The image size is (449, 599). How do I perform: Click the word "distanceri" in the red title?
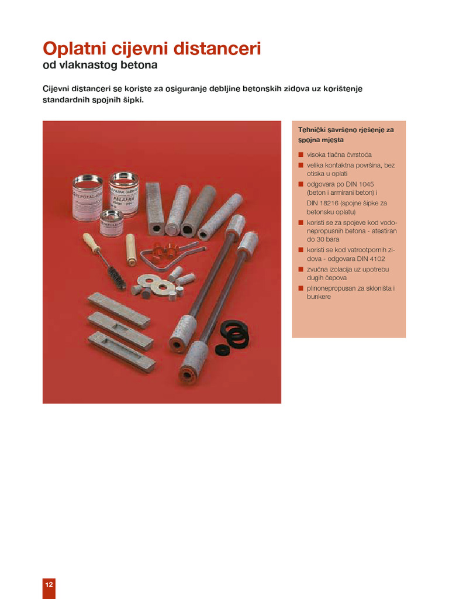(x=217, y=49)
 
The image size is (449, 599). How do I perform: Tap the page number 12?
(x=49, y=584)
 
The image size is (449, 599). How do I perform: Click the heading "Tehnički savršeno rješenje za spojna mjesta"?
(x=346, y=135)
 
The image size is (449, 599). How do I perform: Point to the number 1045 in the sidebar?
(x=366, y=184)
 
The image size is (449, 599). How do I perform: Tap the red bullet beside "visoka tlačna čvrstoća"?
(x=301, y=154)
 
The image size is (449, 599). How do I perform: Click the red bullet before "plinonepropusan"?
(x=301, y=288)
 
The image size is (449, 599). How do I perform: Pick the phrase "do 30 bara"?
(x=323, y=239)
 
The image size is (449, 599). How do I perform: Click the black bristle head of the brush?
(x=117, y=278)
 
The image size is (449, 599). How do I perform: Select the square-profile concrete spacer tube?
(x=155, y=209)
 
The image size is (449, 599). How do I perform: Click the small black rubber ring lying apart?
(x=220, y=349)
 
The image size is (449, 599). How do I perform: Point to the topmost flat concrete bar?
(x=119, y=310)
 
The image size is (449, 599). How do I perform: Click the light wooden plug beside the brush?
(x=131, y=250)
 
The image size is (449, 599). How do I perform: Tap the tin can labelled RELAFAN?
(x=124, y=195)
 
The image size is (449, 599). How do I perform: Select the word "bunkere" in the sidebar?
(x=319, y=297)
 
